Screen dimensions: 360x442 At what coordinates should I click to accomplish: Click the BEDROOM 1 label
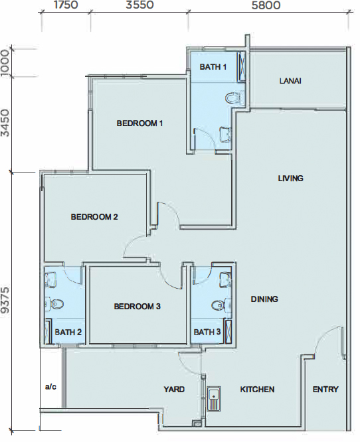pos(139,123)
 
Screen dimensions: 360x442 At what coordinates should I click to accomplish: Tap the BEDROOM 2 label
pos(94,217)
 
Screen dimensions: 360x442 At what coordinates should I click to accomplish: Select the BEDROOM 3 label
pos(137,307)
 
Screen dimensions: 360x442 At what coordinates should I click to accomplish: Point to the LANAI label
pos(290,81)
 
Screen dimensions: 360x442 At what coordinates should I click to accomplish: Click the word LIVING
pos(291,178)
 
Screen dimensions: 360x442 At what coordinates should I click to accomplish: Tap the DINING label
pos(264,299)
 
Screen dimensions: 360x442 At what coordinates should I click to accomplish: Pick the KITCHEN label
pos(257,390)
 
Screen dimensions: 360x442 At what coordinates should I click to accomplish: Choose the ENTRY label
pos(325,390)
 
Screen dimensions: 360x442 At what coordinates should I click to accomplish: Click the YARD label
pos(174,390)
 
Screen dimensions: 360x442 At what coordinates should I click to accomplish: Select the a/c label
pos(50,387)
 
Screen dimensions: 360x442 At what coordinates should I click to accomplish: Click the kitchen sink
pos(214,398)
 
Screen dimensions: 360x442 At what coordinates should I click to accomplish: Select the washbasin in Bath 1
pos(225,133)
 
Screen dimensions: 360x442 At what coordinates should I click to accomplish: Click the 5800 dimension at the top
pos(266,5)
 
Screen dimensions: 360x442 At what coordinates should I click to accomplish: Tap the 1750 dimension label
pos(66,5)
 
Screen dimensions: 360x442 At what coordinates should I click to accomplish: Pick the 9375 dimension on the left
pos(5,300)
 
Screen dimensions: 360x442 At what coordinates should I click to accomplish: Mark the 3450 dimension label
pos(5,123)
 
